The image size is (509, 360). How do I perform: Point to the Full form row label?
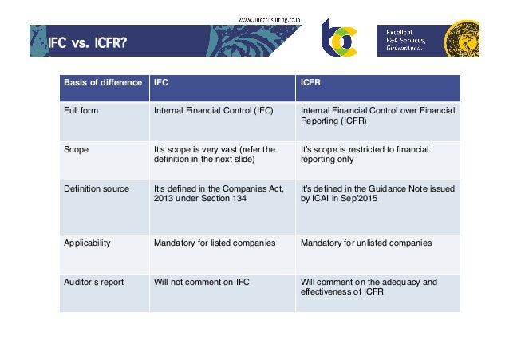pyautogui.click(x=81, y=110)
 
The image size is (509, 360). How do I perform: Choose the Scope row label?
pyautogui.click(x=77, y=149)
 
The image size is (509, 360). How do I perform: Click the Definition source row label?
pyautogui.click(x=96, y=188)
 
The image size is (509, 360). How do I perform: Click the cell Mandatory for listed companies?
pyautogui.click(x=214, y=242)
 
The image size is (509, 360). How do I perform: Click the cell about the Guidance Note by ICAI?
pyautogui.click(x=375, y=194)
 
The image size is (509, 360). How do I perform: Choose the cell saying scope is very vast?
pyautogui.click(x=213, y=154)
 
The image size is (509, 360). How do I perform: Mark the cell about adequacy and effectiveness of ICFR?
pyautogui.click(x=368, y=287)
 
